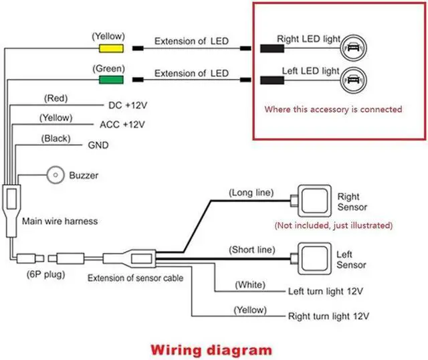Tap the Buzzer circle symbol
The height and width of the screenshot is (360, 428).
point(55,176)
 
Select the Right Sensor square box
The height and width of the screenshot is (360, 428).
point(314,198)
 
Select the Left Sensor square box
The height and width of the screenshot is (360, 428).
point(314,257)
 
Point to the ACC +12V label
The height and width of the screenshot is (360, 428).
point(122,125)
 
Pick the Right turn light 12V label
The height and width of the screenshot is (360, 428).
point(328,314)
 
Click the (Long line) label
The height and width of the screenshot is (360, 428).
point(251,193)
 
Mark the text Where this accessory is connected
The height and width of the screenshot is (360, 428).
point(333,108)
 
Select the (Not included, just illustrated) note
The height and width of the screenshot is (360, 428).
point(334,225)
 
